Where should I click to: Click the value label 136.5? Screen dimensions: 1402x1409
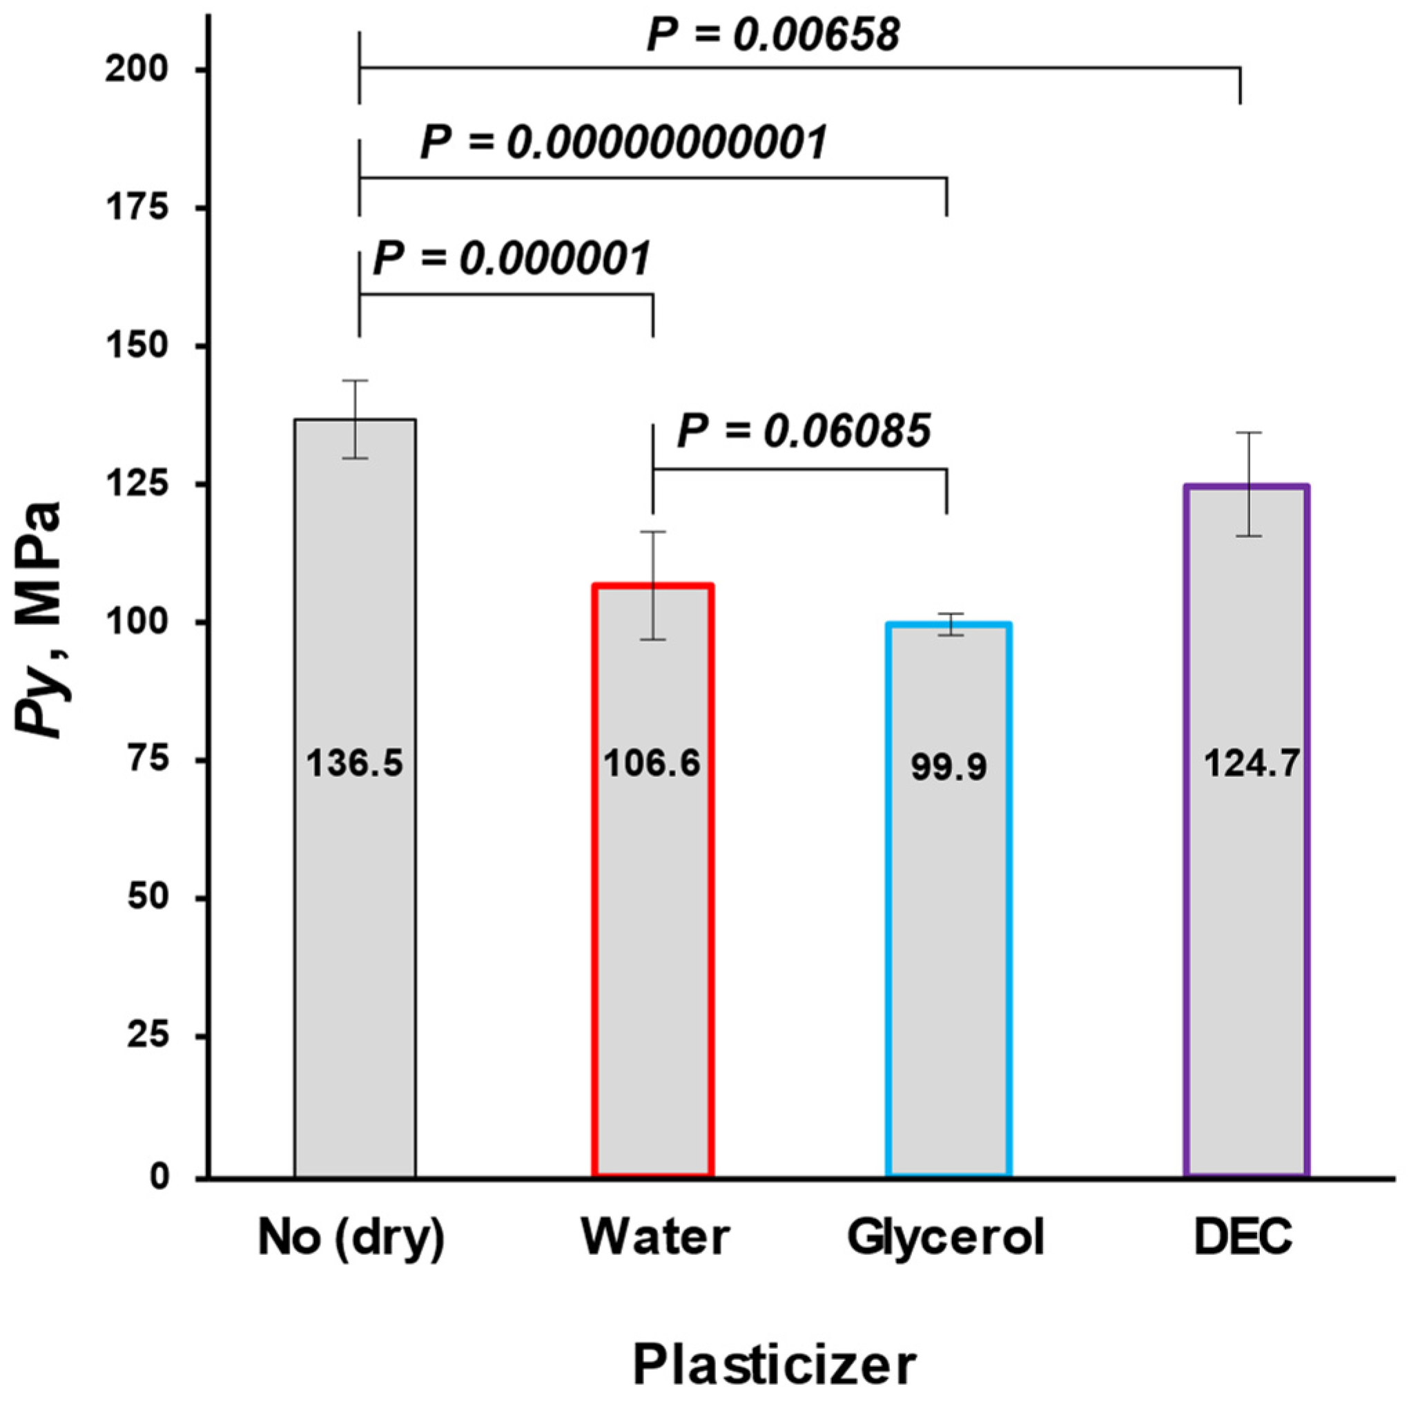355,764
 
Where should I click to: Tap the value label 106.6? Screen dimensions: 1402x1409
652,764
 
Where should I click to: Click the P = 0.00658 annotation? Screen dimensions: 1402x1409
773,35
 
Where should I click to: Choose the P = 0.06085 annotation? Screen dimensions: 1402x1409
804,432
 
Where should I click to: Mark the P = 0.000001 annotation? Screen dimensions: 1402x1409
512,259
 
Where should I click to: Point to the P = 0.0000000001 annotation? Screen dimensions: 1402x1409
623,142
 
